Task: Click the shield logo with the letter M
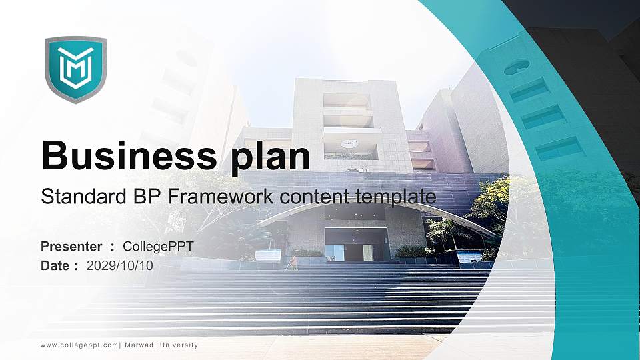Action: click(x=75, y=69)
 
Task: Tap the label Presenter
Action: click(x=71, y=247)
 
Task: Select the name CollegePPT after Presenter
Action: click(x=158, y=247)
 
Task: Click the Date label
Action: click(x=55, y=265)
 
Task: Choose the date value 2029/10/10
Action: click(x=120, y=265)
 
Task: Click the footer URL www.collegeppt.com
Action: click(x=79, y=345)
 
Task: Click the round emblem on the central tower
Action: click(x=349, y=143)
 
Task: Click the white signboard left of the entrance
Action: click(x=268, y=255)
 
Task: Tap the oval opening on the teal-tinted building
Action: click(x=517, y=67)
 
